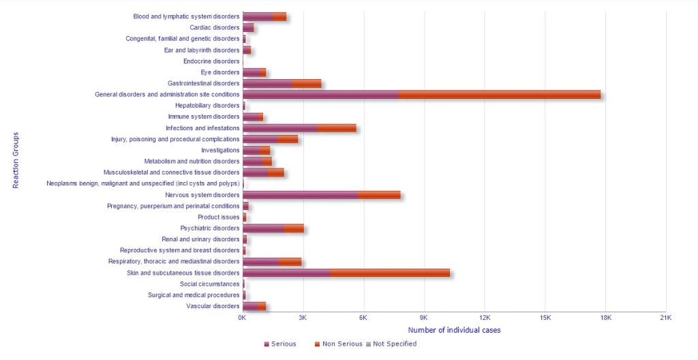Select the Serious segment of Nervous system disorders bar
coord(300,195)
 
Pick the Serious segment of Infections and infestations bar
coord(279,128)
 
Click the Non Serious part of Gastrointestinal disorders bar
coord(306,83)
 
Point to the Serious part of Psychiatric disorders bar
coord(263,228)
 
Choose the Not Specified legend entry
coord(391,344)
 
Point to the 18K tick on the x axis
coord(605,318)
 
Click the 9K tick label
coord(424,318)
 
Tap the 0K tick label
coord(243,318)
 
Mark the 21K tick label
coord(666,318)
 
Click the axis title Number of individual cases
coord(454,331)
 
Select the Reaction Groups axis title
coord(16,161)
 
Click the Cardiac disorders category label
coord(215,28)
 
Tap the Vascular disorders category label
coord(213,306)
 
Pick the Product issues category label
coord(219,217)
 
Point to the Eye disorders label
coord(220,72)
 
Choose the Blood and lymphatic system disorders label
coord(186,16)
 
